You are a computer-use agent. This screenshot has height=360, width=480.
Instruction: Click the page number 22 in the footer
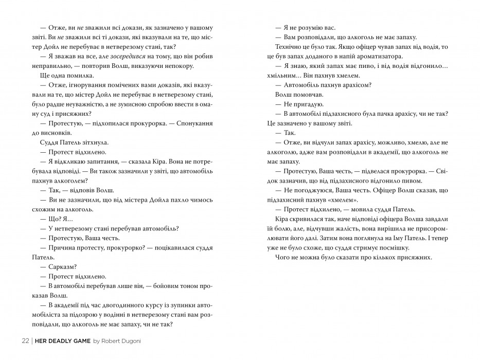tap(25, 341)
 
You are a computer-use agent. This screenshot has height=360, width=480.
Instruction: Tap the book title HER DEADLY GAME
tap(63, 341)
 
